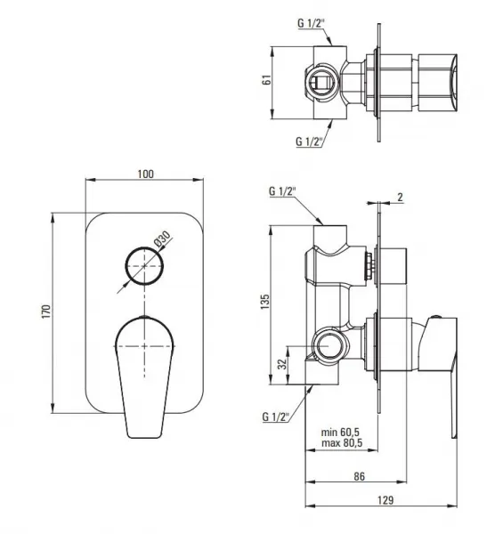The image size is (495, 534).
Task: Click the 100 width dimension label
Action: pos(145,174)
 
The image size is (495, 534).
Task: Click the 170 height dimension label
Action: pos(46,311)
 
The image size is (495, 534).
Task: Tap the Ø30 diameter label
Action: pos(162,239)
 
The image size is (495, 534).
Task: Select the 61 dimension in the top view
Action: pos(267,80)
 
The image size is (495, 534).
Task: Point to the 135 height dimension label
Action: pos(264,302)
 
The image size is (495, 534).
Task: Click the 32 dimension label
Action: pos(282,364)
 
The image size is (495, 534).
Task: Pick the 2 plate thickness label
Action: pos(400,197)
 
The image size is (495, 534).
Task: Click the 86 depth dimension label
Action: pos(359,476)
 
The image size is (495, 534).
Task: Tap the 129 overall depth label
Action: pos(385,500)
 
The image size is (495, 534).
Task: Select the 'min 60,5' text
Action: pos(340,433)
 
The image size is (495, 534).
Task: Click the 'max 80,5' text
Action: pos(342,443)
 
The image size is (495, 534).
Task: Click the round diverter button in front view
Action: pos(144,265)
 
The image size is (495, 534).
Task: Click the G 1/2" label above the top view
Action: pos(311,23)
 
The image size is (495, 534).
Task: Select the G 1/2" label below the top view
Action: pos(309,141)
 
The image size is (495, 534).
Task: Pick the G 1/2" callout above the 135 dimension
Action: pos(282,191)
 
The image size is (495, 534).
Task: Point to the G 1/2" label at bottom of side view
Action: pos(276,417)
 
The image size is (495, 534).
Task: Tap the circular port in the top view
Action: pos(321,82)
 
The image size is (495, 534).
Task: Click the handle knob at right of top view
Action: pos(437,83)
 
